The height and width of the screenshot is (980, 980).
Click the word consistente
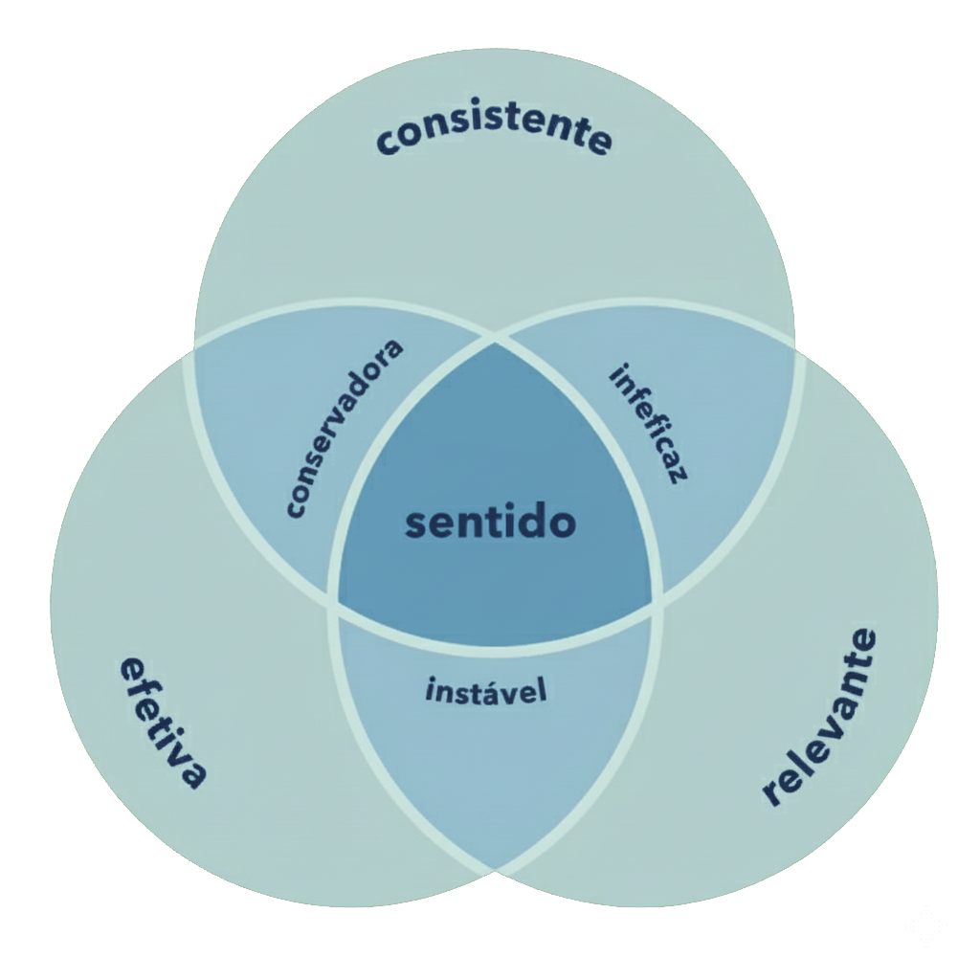point(494,137)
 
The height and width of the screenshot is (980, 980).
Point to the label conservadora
point(345,427)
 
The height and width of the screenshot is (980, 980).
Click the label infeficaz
point(649,422)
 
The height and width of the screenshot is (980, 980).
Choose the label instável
point(486,690)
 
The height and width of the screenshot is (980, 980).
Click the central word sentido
point(490,523)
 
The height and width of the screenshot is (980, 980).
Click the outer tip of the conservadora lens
point(196,349)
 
